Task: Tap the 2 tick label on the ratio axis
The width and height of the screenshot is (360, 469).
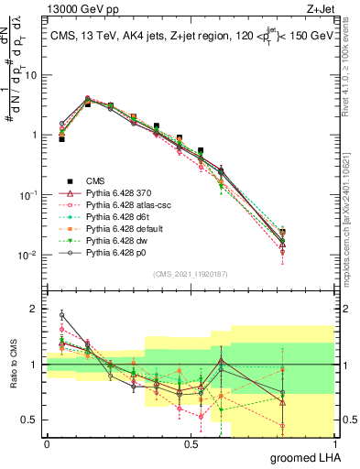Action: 34,309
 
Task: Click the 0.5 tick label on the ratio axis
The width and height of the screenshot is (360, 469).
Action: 29,420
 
